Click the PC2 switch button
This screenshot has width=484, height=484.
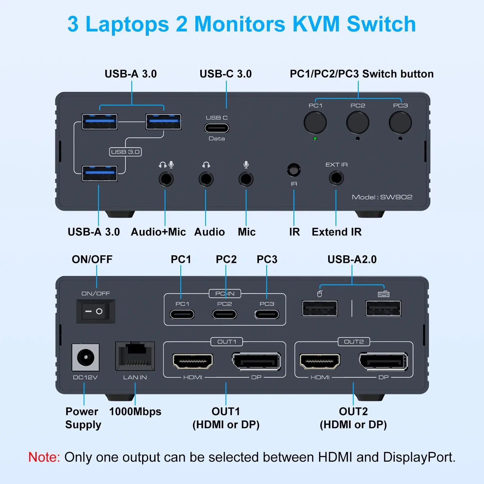coord(358,123)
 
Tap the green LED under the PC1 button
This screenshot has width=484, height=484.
coord(315,139)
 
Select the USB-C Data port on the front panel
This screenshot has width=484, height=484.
coord(217,128)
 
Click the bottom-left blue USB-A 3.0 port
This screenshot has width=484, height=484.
coord(100,174)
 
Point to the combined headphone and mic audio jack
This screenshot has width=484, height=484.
coord(166,179)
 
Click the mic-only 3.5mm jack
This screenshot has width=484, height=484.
coord(246,179)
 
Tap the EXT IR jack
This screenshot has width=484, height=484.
coord(336,178)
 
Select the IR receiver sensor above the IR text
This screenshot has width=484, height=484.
coord(293,170)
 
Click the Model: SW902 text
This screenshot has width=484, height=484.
coord(382,197)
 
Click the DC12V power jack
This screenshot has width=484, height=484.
coord(85,357)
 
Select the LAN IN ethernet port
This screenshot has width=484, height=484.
coord(135,356)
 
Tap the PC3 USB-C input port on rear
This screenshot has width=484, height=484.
coord(267,314)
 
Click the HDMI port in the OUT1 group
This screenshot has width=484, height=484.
coord(193,361)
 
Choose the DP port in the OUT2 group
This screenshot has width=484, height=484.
coord(383,361)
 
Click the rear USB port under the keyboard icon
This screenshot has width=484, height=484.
coord(383,309)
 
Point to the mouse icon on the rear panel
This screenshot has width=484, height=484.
coord(320,293)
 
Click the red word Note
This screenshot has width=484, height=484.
coord(44,457)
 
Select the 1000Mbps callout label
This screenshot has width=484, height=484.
coord(135,411)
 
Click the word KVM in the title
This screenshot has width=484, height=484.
coord(316,24)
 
